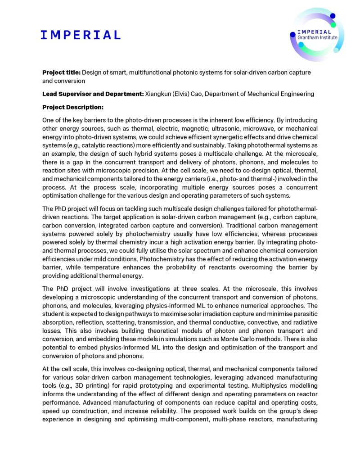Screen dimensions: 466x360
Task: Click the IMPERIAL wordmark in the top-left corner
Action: [81, 35]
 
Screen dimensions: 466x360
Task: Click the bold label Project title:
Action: [62, 72]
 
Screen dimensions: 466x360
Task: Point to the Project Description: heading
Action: [73, 107]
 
